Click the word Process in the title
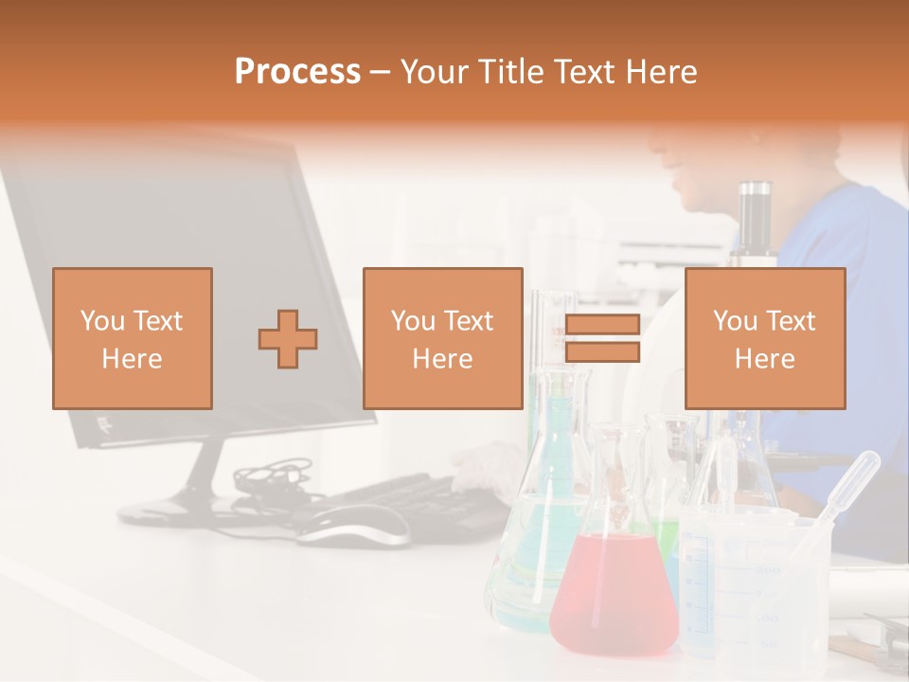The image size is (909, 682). click(297, 72)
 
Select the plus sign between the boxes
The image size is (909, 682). click(288, 339)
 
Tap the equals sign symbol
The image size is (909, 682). click(602, 338)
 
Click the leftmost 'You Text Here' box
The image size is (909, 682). click(133, 339)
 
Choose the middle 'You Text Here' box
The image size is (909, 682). click(443, 339)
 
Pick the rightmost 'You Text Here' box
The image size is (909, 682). click(765, 339)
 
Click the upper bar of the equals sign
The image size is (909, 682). click(602, 325)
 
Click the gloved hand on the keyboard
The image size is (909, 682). click(488, 464)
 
